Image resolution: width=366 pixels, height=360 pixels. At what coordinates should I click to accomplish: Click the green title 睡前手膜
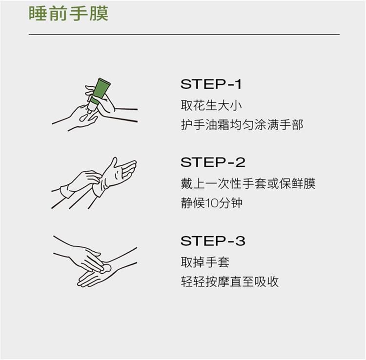pyautogui.click(x=68, y=14)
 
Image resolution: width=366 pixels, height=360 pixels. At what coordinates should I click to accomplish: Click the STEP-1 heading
pyautogui.click(x=211, y=84)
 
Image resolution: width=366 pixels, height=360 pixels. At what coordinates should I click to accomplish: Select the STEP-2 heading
pyautogui.click(x=213, y=162)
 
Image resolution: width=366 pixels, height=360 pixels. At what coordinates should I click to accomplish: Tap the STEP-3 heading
pyautogui.click(x=213, y=241)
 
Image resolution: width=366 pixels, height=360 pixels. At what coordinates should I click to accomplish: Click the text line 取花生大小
pyautogui.click(x=211, y=105)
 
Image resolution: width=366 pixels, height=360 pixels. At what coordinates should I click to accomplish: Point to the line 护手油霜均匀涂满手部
pyautogui.click(x=242, y=124)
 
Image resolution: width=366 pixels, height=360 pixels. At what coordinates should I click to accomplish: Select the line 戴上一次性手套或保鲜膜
pyautogui.click(x=248, y=183)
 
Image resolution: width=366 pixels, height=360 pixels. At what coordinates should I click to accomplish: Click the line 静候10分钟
pyautogui.click(x=212, y=203)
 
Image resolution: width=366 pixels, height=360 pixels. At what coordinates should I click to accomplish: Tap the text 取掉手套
pyautogui.click(x=205, y=262)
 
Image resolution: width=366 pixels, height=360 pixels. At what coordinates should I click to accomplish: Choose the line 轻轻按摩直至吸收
pyautogui.click(x=230, y=281)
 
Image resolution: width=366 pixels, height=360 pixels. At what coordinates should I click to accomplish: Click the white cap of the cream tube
pyautogui.click(x=92, y=107)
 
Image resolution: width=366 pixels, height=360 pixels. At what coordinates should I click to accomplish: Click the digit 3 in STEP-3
pyautogui.click(x=240, y=241)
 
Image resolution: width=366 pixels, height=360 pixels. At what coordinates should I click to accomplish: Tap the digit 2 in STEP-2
pyautogui.click(x=240, y=162)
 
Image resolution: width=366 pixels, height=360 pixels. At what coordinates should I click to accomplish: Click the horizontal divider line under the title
pyautogui.click(x=184, y=34)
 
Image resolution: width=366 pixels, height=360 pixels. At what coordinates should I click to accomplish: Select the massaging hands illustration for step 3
pyautogui.click(x=95, y=261)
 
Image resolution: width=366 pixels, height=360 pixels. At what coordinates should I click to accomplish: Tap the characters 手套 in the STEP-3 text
pyautogui.click(x=218, y=262)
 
